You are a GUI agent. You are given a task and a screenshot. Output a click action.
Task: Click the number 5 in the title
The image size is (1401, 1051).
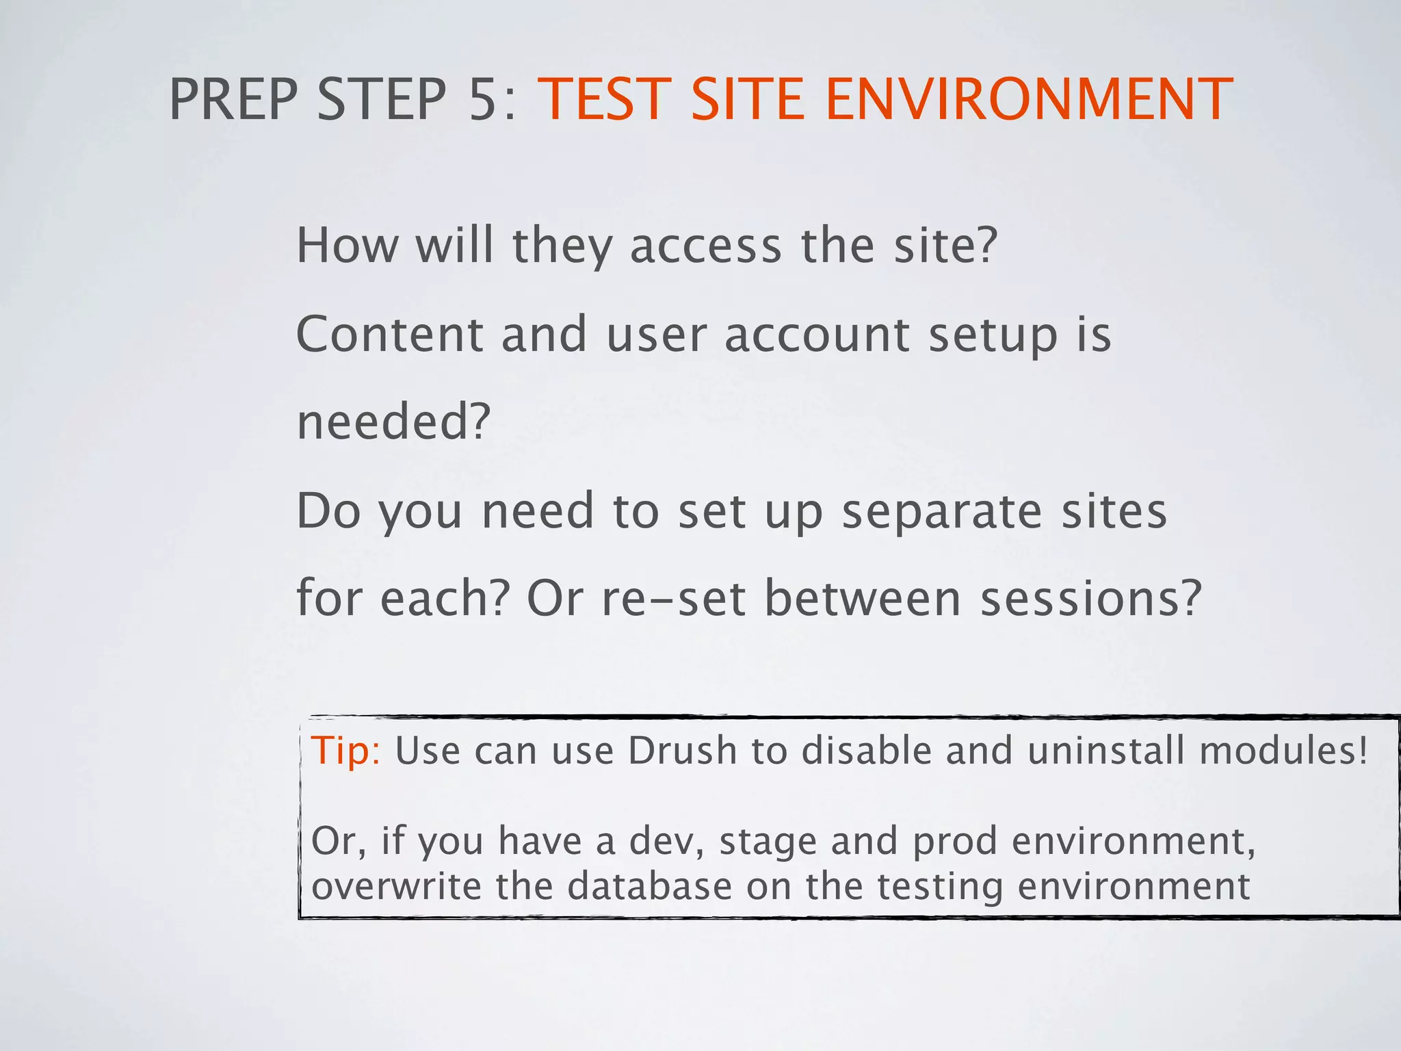click(482, 100)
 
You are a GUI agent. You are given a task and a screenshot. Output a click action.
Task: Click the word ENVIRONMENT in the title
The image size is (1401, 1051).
click(1029, 100)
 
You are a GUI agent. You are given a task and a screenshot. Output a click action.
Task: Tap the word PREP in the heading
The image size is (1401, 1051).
click(233, 100)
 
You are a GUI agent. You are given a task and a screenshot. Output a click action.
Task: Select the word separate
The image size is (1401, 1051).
click(941, 511)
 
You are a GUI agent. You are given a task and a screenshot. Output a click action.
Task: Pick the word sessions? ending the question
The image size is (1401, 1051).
click(1090, 598)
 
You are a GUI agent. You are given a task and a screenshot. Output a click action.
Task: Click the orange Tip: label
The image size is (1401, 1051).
click(345, 751)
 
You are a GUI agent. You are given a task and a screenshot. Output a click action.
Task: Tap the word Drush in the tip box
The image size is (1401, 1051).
click(682, 751)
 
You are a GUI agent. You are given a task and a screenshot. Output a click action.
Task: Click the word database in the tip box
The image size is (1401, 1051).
click(650, 886)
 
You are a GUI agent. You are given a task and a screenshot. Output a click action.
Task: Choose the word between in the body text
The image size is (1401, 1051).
click(862, 598)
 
